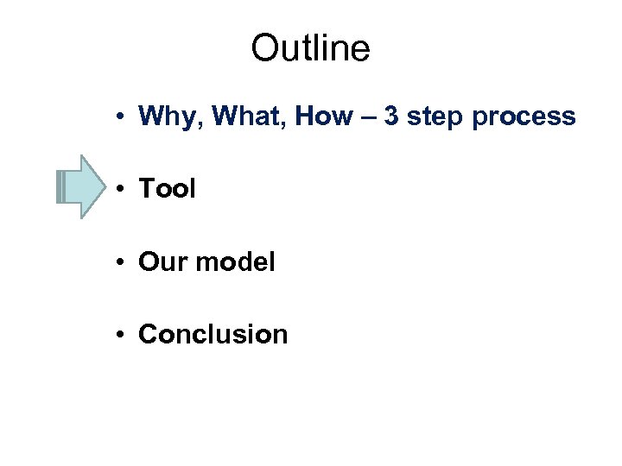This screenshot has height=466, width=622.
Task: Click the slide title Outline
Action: tap(310, 49)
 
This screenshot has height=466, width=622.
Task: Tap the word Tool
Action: tap(167, 188)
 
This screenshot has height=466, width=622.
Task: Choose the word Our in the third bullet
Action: tap(161, 261)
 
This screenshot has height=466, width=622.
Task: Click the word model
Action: tap(234, 261)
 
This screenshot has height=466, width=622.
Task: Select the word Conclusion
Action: tap(213, 334)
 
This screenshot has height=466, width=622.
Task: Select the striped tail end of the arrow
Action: tap(60, 186)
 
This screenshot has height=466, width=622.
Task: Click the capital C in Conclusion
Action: tap(148, 334)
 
